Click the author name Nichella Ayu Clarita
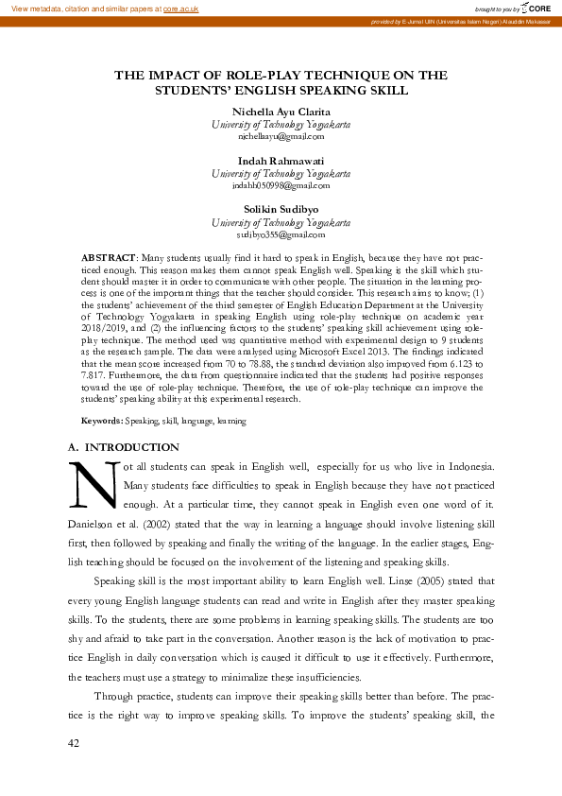(281, 112)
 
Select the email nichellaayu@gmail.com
(281, 137)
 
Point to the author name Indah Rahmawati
(281, 161)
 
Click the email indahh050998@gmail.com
(281, 186)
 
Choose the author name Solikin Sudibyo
(281, 210)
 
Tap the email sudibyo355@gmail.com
(281, 234)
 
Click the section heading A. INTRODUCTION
(124, 447)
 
